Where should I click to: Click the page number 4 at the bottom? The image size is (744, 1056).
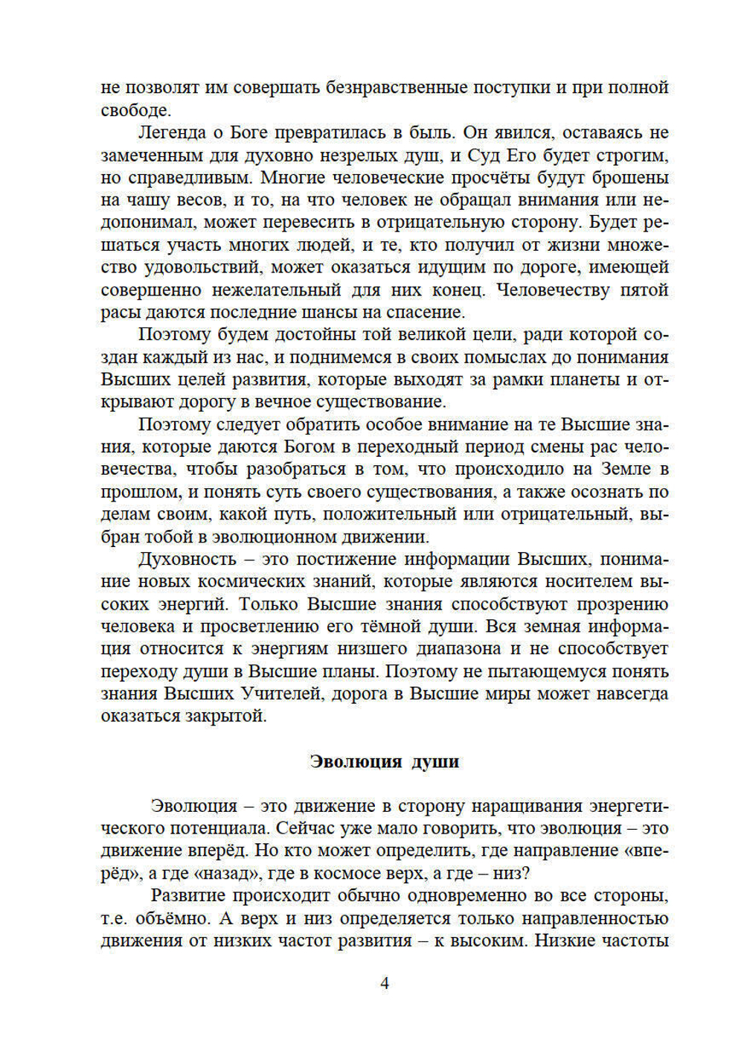(384, 983)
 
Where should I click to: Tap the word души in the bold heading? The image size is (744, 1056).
(435, 762)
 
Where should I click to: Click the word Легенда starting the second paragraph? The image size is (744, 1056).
(173, 133)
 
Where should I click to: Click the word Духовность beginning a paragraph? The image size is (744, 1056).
(187, 560)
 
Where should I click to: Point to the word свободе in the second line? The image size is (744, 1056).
(135, 110)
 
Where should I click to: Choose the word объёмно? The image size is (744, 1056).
(169, 918)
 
